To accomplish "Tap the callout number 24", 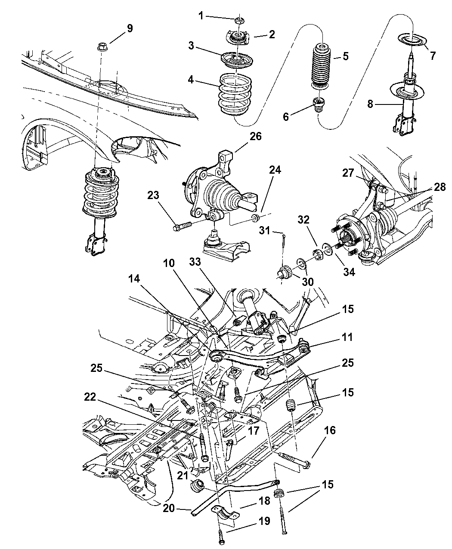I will (x=275, y=170).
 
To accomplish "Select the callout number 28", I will (x=440, y=187).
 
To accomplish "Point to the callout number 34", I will (x=349, y=272).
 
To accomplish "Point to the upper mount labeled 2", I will (x=238, y=37).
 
